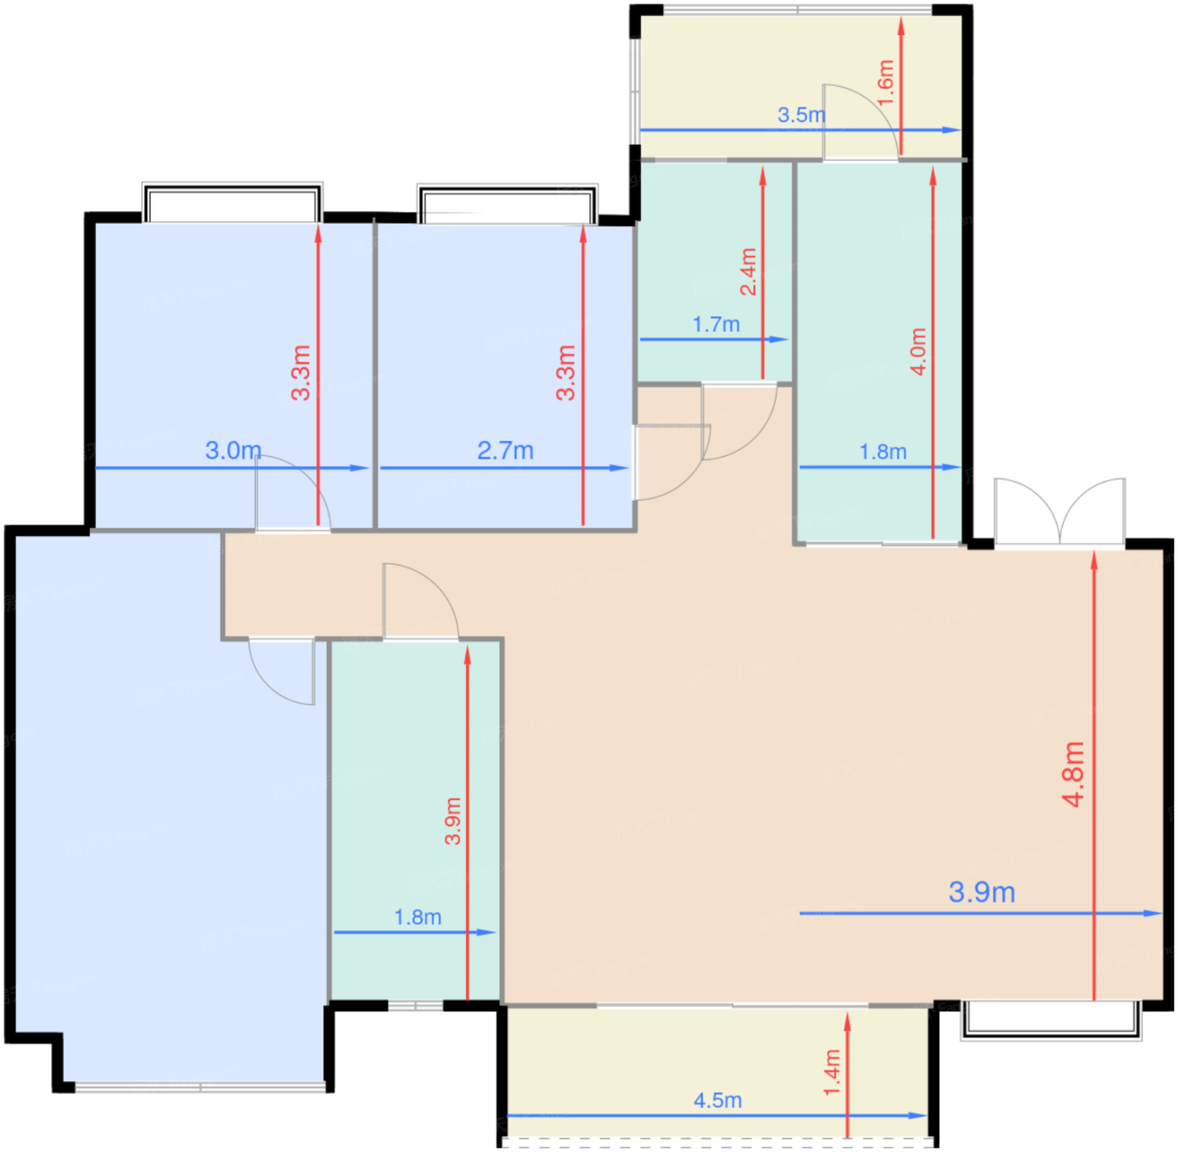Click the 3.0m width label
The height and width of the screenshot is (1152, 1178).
(233, 450)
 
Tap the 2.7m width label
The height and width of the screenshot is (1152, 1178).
(506, 450)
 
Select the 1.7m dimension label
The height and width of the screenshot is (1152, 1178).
(716, 325)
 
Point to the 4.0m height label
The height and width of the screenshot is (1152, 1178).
(918, 352)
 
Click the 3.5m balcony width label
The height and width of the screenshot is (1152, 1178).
(801, 114)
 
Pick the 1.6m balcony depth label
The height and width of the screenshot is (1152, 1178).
(885, 82)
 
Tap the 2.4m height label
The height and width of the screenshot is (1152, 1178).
(748, 272)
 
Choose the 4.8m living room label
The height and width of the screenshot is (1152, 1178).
(1074, 774)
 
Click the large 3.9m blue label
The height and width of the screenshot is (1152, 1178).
(982, 892)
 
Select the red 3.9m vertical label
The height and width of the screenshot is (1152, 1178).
(452, 821)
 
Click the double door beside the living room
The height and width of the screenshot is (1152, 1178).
(1059, 512)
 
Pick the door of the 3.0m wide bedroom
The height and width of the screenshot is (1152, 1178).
(292, 494)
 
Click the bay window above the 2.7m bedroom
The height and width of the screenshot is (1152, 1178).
(507, 204)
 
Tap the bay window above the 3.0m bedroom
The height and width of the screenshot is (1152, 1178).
(232, 202)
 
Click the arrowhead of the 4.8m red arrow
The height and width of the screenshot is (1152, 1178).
(1094, 560)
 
